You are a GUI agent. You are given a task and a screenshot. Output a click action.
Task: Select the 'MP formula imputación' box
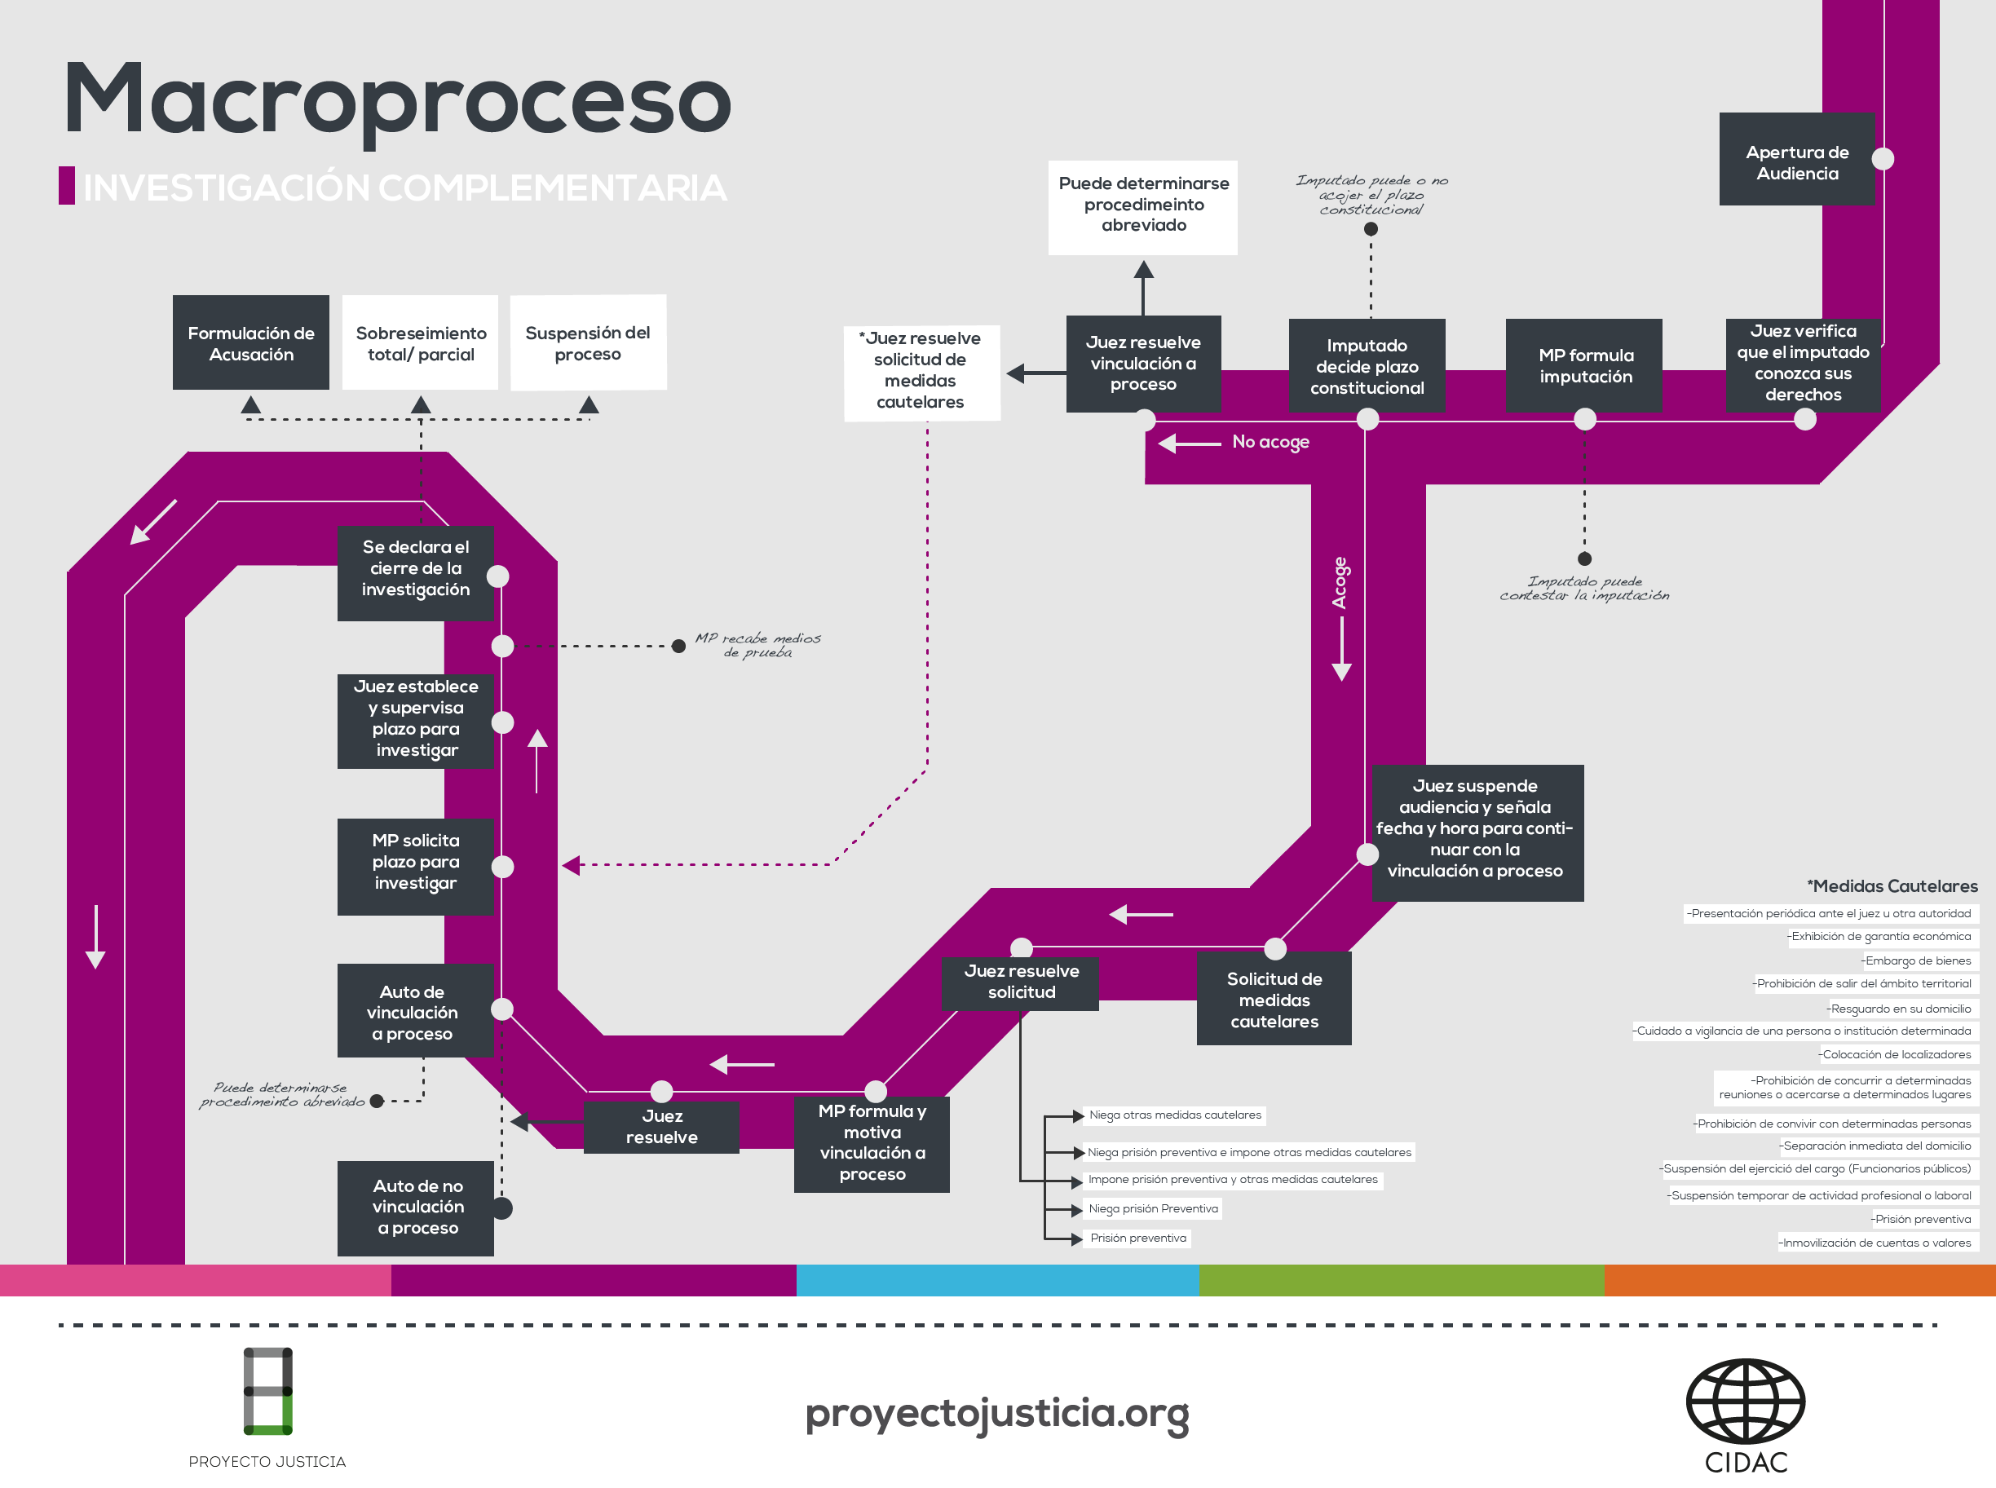[x=1584, y=366]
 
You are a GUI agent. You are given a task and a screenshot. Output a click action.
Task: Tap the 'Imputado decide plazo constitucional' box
[x=1367, y=366]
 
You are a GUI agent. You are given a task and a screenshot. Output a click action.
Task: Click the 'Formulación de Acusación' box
[x=250, y=343]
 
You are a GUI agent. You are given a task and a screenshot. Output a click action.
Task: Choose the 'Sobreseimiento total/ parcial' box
[x=421, y=343]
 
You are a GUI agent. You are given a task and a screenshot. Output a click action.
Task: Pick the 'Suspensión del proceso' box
[x=587, y=343]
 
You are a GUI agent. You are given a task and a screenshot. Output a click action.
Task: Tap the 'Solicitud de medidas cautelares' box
[x=1274, y=1000]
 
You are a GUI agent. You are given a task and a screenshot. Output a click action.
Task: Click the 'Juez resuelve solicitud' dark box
[x=1021, y=982]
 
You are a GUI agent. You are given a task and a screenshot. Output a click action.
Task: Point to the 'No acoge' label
[x=1270, y=441]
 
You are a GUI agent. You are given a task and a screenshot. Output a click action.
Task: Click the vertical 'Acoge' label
[x=1340, y=583]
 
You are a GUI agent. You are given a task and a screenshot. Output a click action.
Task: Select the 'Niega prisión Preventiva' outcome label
[x=1152, y=1209]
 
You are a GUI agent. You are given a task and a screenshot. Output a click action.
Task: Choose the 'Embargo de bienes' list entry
[x=1917, y=961]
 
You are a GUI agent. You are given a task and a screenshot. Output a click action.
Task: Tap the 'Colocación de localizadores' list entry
[x=1895, y=1055]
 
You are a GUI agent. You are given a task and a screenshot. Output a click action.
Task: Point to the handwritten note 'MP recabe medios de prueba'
[x=757, y=645]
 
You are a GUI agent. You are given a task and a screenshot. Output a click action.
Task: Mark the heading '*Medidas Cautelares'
[x=1892, y=886]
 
